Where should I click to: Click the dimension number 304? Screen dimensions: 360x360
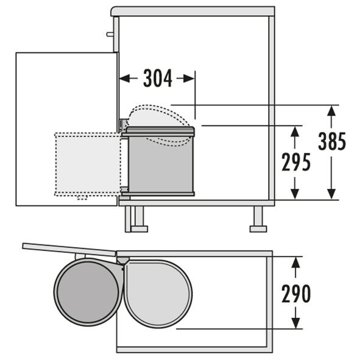click(158, 79)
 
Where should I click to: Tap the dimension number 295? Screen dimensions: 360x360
click(296, 162)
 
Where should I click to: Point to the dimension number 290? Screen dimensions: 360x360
click(296, 293)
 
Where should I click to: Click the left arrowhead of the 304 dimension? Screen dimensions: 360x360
click(124, 79)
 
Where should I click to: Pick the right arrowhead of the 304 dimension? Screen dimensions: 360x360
click(189, 79)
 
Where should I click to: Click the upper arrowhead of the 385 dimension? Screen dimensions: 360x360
click(331, 111)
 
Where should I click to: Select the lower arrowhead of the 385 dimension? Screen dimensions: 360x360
click(331, 194)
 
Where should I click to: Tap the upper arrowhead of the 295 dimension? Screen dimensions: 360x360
click(295, 132)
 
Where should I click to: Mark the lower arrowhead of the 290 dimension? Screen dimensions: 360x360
click(295, 323)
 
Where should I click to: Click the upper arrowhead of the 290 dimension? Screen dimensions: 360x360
click(295, 262)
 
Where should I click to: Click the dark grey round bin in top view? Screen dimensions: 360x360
click(88, 292)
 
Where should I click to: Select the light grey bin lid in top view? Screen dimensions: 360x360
click(158, 294)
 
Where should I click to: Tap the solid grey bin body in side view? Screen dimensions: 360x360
click(160, 164)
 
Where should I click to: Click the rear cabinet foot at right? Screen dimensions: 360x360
click(258, 219)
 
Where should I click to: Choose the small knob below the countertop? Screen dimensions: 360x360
click(110, 34)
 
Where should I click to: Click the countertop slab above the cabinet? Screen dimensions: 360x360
click(192, 12)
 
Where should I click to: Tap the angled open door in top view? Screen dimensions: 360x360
click(69, 250)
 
